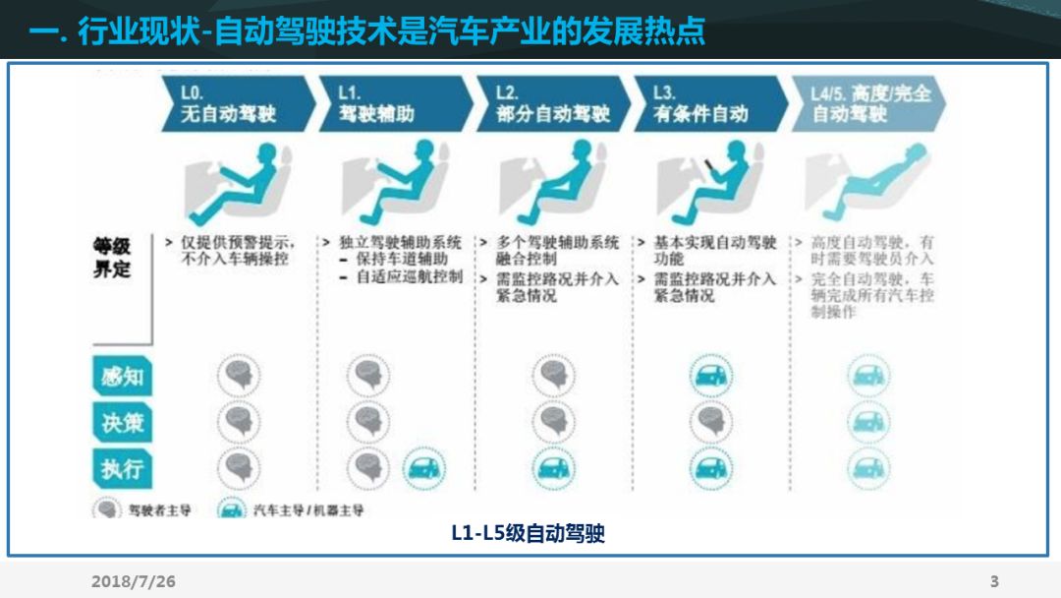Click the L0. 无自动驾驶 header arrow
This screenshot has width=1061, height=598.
coord(236,103)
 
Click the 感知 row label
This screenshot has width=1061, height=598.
coord(122,377)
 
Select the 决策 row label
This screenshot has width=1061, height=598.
coord(122,422)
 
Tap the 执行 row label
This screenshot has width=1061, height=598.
coord(122,468)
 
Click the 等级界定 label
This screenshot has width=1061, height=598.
coord(112,257)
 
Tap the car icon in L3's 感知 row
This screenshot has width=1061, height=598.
coord(710,376)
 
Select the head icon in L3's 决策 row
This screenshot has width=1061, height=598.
coord(710,422)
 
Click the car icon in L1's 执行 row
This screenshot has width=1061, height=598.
coord(421,468)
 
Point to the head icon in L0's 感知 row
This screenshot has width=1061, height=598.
coord(239,376)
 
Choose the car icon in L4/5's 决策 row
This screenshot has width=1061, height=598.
coord(867,422)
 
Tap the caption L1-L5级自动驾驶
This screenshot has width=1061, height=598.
coord(528,534)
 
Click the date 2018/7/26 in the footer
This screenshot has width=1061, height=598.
coord(134,582)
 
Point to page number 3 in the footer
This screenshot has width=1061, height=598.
coord(994,582)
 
